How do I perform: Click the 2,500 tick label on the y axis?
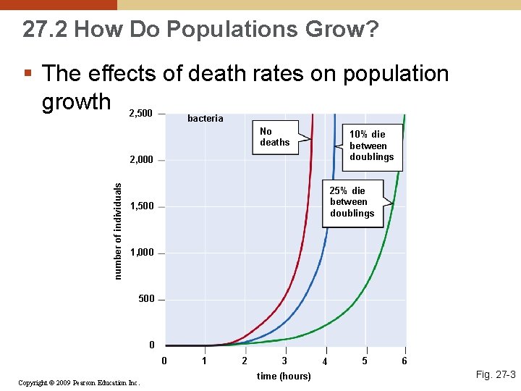click(140, 114)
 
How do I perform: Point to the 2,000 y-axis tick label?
click(140, 160)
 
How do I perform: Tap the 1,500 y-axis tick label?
click(141, 207)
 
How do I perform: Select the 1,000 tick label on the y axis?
click(141, 253)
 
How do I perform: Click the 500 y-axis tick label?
click(146, 299)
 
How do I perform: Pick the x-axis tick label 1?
click(205, 361)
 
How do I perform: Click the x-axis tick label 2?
click(245, 361)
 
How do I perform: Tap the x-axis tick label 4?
click(325, 361)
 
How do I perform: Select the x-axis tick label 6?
click(404, 361)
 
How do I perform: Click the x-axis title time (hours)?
click(284, 376)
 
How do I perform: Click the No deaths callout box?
click(275, 137)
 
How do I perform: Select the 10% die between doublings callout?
click(371, 146)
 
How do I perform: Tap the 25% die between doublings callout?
click(352, 202)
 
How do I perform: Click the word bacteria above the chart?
click(206, 119)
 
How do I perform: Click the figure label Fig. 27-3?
click(495, 374)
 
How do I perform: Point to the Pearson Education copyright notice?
click(79, 382)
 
